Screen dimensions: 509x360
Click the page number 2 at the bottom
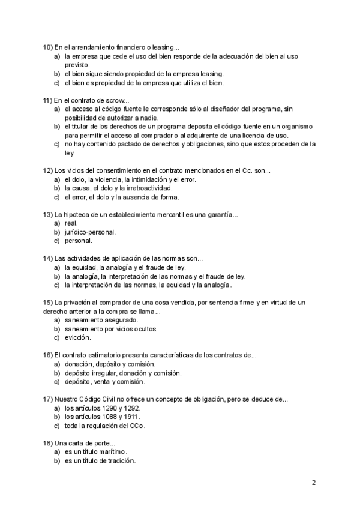[x=313, y=483]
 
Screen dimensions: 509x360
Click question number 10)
[x=48, y=47]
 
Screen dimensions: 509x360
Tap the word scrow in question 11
[x=116, y=100]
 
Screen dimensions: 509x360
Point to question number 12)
[x=48, y=170]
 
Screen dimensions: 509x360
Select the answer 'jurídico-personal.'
[x=91, y=232]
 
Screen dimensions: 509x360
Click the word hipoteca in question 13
[x=79, y=214]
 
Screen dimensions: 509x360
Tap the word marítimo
[x=108, y=452]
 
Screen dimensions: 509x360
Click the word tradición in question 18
[x=121, y=461]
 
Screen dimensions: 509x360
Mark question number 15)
[x=48, y=303]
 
